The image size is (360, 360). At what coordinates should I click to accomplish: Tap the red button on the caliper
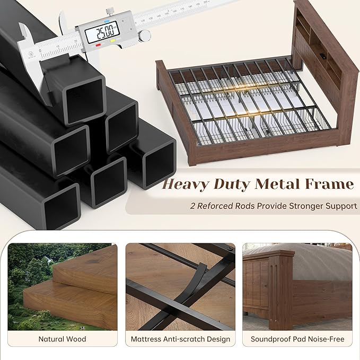pyautogui.click(x=98, y=45)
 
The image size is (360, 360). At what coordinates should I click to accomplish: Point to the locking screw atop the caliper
pyautogui.click(x=110, y=12)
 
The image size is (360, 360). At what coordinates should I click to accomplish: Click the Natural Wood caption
pyautogui.click(x=62, y=339)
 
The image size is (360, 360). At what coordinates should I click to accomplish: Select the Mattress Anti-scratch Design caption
pyautogui.click(x=180, y=339)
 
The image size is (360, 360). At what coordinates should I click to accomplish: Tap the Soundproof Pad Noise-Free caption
pyautogui.click(x=297, y=339)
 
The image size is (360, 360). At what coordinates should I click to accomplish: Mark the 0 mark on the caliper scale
pyautogui.click(x=40, y=51)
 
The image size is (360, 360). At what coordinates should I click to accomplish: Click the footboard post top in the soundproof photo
pyautogui.click(x=282, y=254)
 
